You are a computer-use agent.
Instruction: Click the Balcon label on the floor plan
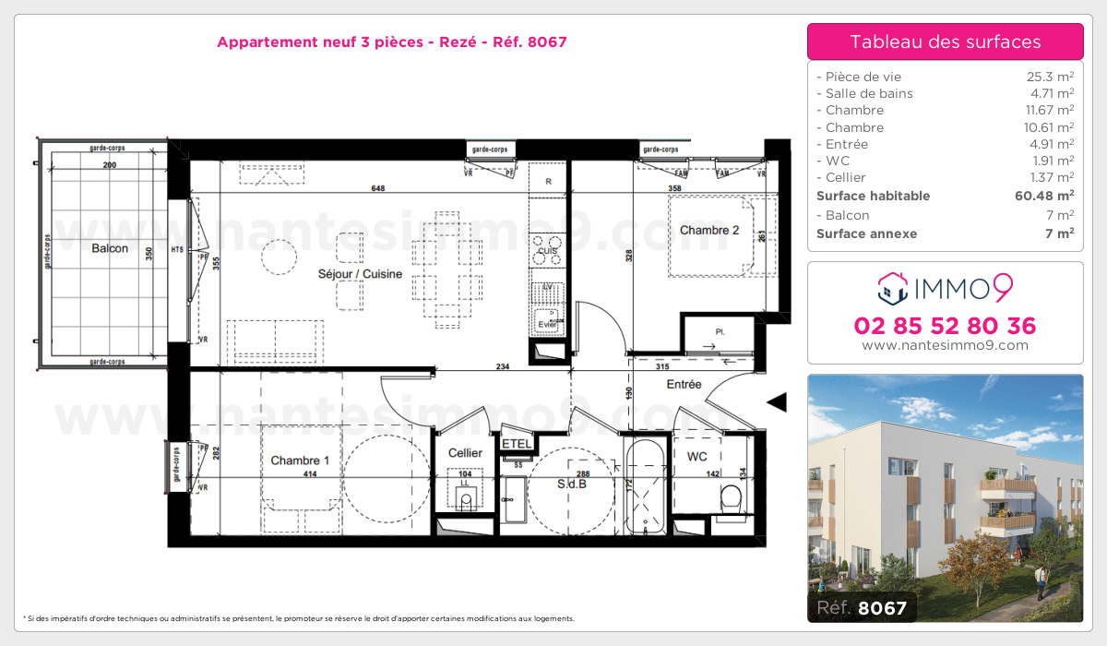[109, 248]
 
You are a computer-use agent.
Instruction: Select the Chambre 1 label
[300, 461]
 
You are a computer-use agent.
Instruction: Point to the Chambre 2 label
[709, 231]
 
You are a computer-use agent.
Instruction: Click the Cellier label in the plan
[465, 453]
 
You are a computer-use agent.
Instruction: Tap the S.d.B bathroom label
[572, 483]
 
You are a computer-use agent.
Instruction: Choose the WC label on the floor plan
[696, 456]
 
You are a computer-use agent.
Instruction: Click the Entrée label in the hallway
[684, 384]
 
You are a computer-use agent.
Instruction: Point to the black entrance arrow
[777, 401]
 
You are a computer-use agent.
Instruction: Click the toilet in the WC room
[732, 499]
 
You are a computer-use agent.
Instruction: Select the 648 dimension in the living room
[376, 188]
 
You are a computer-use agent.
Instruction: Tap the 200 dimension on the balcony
[109, 165]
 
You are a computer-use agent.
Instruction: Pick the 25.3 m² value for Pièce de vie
[1052, 77]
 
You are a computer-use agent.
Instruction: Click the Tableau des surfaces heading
[945, 42]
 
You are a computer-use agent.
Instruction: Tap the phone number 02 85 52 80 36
[945, 326]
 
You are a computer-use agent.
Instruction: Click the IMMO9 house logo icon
[892, 287]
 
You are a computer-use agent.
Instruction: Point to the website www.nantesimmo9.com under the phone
[945, 345]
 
